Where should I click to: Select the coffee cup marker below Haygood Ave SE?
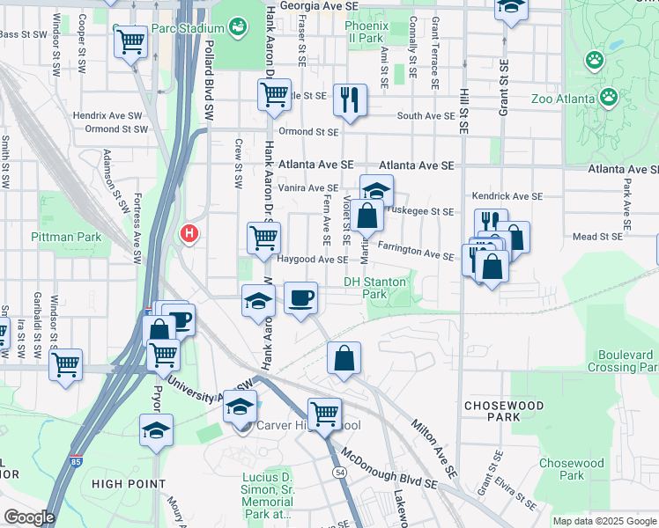click(300, 297)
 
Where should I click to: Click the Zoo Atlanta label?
click(564, 99)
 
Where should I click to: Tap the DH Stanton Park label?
click(374, 288)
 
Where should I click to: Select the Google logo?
click(29, 517)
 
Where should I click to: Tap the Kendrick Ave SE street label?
click(507, 195)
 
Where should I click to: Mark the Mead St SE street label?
click(597, 236)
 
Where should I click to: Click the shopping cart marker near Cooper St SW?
click(130, 39)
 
